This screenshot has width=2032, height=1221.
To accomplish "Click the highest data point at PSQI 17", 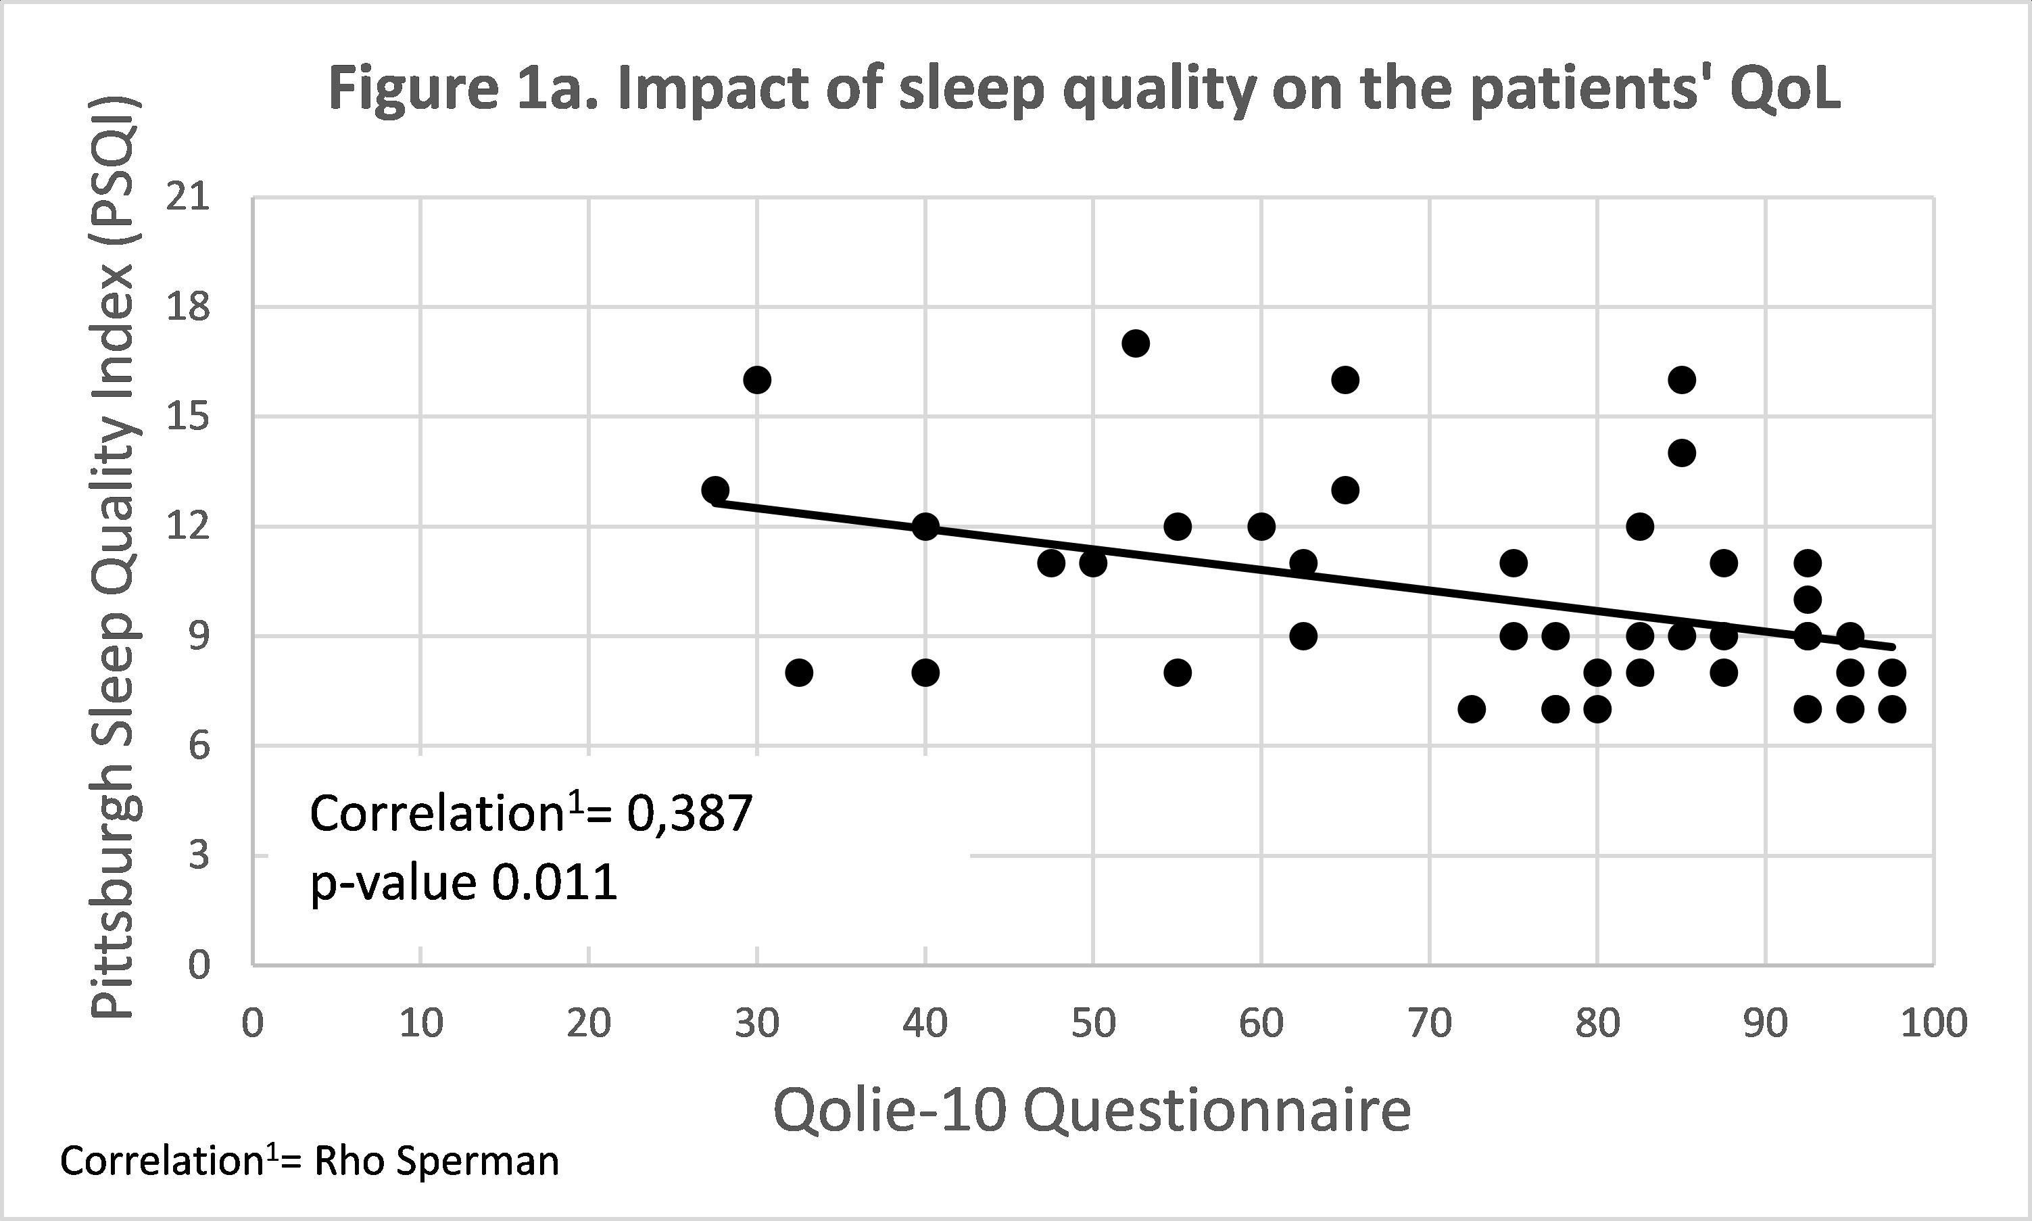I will click(1135, 343).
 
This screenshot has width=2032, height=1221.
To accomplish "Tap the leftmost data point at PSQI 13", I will click(715, 489).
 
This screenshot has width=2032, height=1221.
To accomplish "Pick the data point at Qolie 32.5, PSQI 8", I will click(799, 672).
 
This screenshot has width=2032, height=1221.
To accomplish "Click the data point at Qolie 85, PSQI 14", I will click(1683, 452).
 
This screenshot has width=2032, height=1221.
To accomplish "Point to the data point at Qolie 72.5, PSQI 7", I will click(1472, 709).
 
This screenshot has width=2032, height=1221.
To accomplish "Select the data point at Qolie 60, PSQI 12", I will click(1261, 526).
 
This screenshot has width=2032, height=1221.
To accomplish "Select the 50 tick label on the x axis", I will click(1093, 1023).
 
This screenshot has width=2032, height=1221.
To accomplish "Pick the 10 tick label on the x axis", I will click(421, 1023).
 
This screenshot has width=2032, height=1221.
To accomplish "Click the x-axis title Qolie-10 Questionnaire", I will click(1092, 1111).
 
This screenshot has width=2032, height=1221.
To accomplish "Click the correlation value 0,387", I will click(690, 814).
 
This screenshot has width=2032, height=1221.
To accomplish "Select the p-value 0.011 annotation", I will click(463, 884).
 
